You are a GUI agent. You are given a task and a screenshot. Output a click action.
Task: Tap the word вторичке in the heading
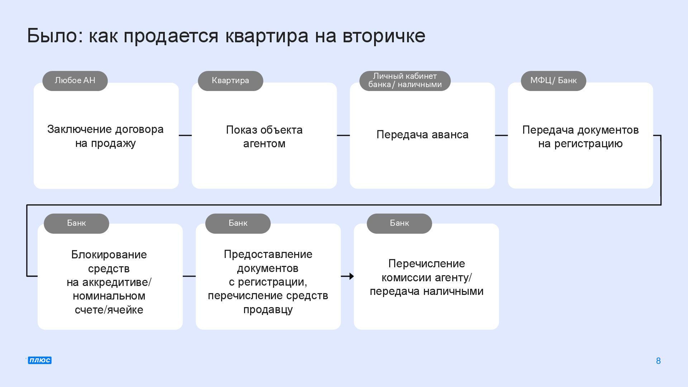coord(384,36)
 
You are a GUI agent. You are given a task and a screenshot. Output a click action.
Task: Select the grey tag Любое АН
coord(75,81)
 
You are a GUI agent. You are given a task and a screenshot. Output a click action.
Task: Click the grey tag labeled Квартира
coord(230,81)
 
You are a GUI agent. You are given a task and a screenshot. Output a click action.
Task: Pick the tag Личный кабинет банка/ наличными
coord(405,81)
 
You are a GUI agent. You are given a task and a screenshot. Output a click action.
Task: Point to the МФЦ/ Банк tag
coord(553,81)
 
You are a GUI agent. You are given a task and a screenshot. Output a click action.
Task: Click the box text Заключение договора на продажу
coord(105,136)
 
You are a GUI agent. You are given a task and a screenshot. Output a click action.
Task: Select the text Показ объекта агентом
coord(264,137)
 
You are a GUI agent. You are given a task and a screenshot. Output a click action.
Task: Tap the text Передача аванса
coord(422,135)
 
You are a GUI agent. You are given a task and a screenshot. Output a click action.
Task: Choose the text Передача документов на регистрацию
coord(580,137)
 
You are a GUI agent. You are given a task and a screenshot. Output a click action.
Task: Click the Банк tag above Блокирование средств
coord(76,223)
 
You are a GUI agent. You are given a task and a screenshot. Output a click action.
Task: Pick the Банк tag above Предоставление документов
coord(238,223)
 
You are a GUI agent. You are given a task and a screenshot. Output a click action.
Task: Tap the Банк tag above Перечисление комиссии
coord(399,223)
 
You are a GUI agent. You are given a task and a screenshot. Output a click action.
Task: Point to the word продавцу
coord(268,310)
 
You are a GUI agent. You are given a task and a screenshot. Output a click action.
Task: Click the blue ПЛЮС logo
coord(39,360)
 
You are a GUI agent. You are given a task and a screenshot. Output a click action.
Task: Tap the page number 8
coord(658,361)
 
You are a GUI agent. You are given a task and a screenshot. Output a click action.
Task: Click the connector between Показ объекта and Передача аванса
coord(343,135)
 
